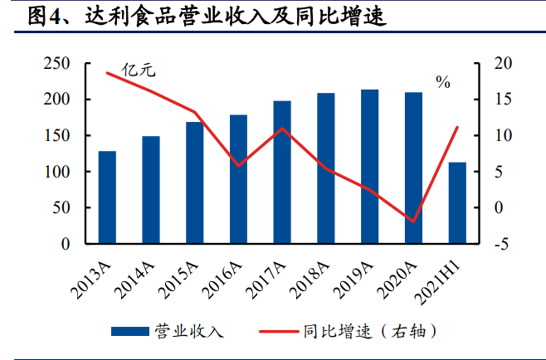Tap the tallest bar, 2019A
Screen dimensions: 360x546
370,166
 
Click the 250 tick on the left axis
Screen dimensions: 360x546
58,64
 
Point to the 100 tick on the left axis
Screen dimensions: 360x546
58,172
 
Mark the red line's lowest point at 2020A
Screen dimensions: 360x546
413,221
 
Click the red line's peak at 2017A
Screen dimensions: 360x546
282,129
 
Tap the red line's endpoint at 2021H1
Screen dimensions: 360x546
457,127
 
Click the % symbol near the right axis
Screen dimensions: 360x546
443,81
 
